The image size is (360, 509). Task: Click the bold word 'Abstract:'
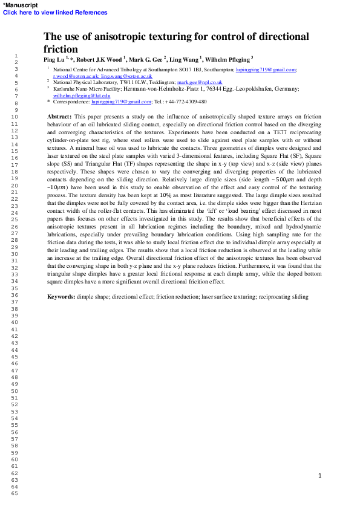point(60,115)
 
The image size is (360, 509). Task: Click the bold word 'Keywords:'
point(62,297)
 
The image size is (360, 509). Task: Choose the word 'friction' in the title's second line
point(61,49)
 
